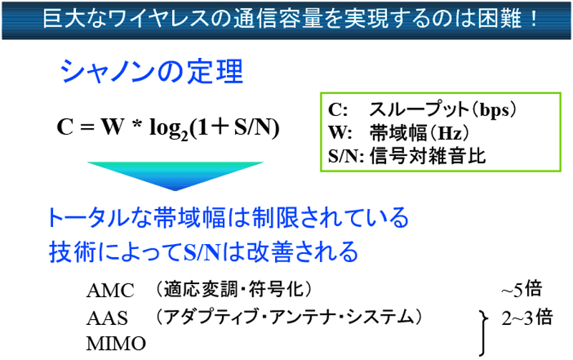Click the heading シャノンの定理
[x=152, y=71]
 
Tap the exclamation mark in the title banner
[x=534, y=19]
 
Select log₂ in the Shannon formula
[x=168, y=129]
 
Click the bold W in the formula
[x=112, y=127]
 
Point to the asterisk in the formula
[x=137, y=124]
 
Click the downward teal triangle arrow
[x=175, y=175]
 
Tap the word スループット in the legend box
[x=419, y=110]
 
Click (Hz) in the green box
[x=449, y=133]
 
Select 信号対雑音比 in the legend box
[x=428, y=156]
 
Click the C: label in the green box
[x=337, y=110]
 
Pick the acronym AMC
[x=110, y=291]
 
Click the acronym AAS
[x=107, y=318]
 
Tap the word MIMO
[x=116, y=344]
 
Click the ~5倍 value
[x=521, y=290]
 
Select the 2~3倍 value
[x=527, y=317]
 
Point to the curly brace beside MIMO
[x=483, y=333]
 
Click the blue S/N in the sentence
[x=202, y=253]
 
